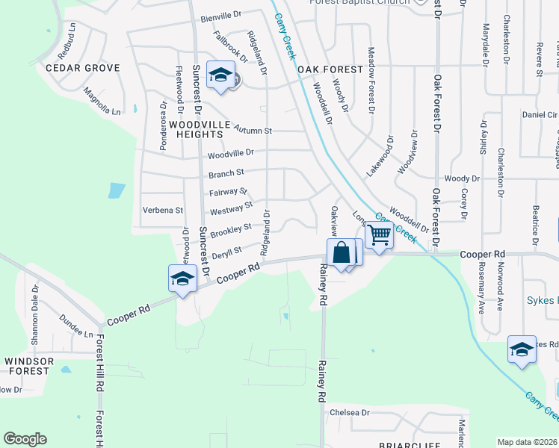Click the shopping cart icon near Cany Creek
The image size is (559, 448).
point(380,234)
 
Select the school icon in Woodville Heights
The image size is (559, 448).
point(221,75)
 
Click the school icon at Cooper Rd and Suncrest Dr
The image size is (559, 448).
point(182,279)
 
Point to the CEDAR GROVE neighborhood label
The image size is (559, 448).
point(83,68)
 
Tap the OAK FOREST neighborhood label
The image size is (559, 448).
point(330,69)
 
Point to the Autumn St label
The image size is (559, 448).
point(253,130)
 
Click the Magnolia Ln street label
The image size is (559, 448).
point(102,102)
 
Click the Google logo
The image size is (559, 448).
point(25,439)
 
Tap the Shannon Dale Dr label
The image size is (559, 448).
point(35,314)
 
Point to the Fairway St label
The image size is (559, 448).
point(228,192)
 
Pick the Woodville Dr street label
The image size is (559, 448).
point(231,152)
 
